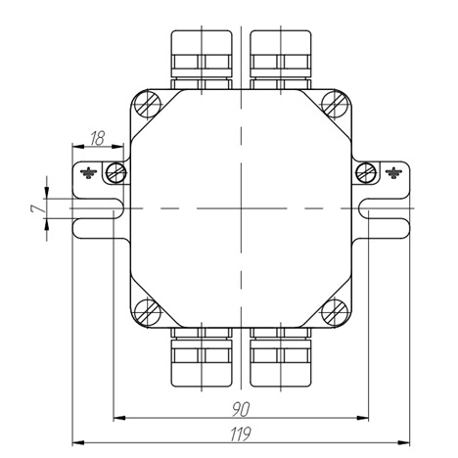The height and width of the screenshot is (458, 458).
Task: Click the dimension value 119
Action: [241, 434]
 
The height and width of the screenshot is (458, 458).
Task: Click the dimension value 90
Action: [241, 410]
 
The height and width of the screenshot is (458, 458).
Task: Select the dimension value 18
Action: [97, 138]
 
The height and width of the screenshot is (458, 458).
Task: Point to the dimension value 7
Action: [37, 209]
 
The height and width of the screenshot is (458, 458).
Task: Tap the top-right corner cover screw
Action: [335, 105]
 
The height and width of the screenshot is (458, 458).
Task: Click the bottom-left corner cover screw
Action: [148, 311]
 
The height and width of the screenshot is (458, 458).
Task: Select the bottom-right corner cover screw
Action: [335, 311]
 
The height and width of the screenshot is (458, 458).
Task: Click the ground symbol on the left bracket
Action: [88, 173]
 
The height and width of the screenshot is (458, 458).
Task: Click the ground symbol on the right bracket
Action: [393, 173]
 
